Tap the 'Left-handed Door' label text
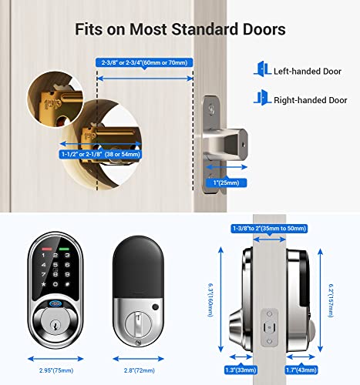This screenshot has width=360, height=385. [x=308, y=71]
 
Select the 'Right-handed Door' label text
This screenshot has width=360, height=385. [x=311, y=99]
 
